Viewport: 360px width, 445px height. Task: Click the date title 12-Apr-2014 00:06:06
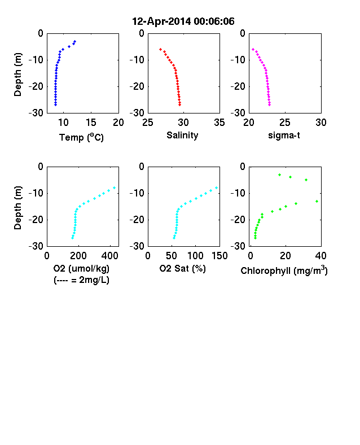pyautogui.click(x=183, y=21)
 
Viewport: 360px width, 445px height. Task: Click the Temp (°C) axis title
pyautogui.click(x=81, y=137)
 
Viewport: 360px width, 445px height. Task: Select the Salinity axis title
pyautogui.click(x=182, y=135)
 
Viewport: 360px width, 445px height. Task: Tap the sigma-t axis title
pyautogui.click(x=284, y=136)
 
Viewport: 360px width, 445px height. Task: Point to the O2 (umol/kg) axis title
pyautogui.click(x=81, y=268)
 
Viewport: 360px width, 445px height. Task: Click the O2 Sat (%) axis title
pyautogui.click(x=183, y=268)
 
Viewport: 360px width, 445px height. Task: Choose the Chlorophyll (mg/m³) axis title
pyautogui.click(x=284, y=271)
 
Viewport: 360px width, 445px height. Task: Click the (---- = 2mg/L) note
pyautogui.click(x=81, y=280)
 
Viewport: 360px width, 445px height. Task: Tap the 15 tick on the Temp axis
pyautogui.click(x=91, y=123)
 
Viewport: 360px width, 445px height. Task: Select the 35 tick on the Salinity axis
pyautogui.click(x=219, y=123)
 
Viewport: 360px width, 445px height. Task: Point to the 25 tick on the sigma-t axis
pyautogui.click(x=285, y=123)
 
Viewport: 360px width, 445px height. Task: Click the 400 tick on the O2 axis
pyautogui.click(x=110, y=256)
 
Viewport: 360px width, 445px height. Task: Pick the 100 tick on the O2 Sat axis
pyautogui.click(x=195, y=256)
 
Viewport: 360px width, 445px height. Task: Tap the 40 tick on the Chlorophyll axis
pyautogui.click(x=321, y=256)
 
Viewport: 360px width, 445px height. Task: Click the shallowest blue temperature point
pyautogui.click(x=75, y=41)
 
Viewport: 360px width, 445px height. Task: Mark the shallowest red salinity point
pyautogui.click(x=160, y=49)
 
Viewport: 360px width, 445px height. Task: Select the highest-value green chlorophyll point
pyautogui.click(x=317, y=201)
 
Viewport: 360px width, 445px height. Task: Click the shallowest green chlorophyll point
pyautogui.click(x=279, y=175)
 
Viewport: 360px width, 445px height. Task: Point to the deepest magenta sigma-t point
pyautogui.click(x=270, y=105)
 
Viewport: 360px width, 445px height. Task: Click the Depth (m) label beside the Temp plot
pyautogui.click(x=17, y=75)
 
